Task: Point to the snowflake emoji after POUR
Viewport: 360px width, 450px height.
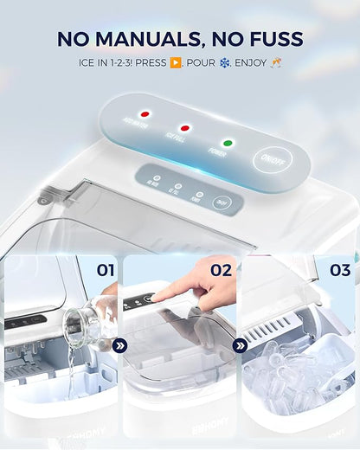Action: [226, 63]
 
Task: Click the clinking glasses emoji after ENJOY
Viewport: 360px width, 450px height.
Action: [275, 63]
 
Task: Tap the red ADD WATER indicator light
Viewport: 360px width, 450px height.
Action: [146, 114]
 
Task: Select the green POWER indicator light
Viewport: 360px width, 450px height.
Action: [228, 143]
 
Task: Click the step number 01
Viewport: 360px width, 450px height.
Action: [105, 271]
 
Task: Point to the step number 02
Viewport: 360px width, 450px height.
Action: [222, 271]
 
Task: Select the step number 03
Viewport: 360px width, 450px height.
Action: [340, 271]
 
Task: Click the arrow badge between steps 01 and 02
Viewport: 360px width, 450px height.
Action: [121, 345]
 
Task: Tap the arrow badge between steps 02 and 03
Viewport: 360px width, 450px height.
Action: [240, 345]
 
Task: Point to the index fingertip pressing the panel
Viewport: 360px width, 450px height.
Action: [159, 295]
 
